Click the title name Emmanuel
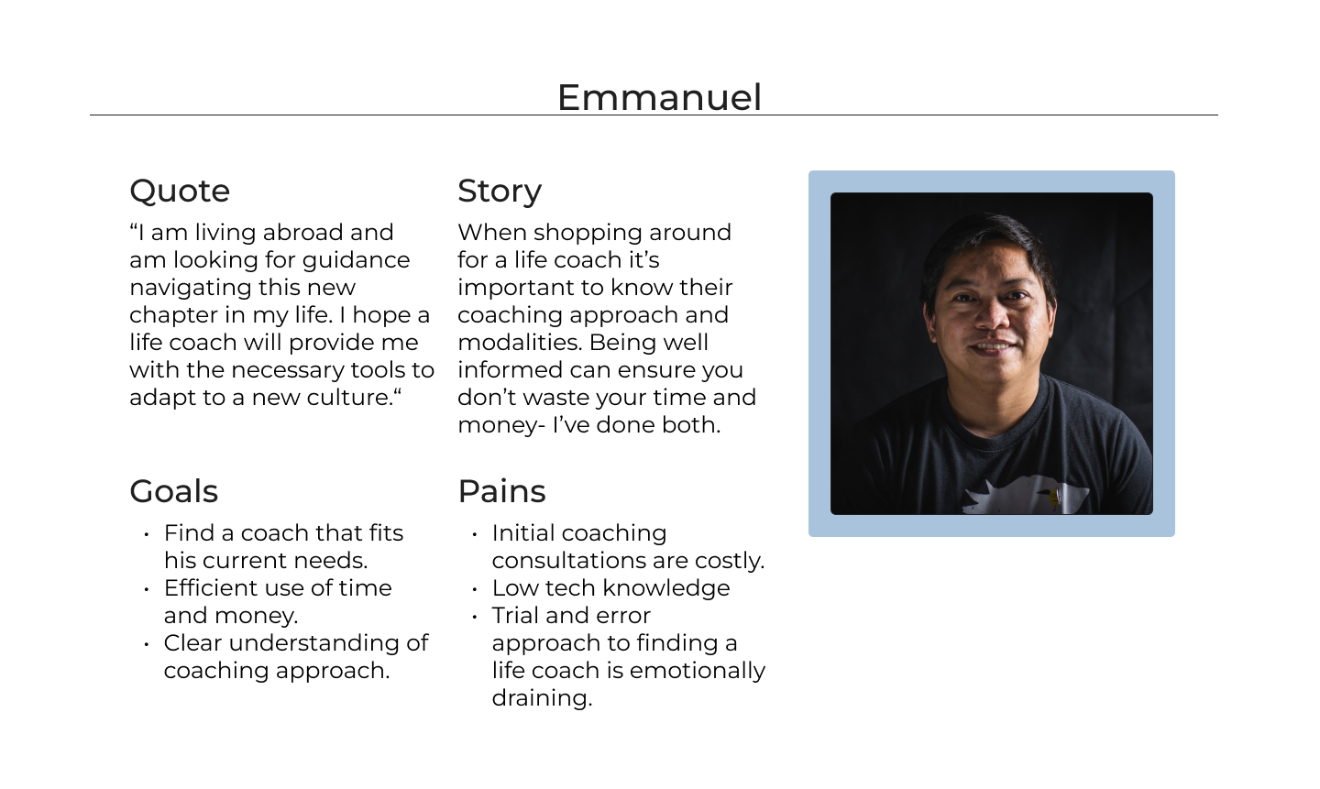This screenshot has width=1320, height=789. (x=659, y=97)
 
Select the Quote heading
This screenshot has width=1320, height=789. (x=180, y=192)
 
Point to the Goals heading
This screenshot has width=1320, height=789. (x=174, y=491)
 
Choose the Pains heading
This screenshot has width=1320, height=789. (x=502, y=491)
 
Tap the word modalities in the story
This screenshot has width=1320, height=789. (x=519, y=343)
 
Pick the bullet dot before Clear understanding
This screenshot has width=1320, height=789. (x=147, y=644)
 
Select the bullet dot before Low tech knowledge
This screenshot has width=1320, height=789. (x=475, y=589)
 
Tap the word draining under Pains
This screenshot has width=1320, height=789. (x=542, y=699)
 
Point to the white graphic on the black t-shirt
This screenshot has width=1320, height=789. (x=1026, y=495)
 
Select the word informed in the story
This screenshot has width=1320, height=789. (x=513, y=370)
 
